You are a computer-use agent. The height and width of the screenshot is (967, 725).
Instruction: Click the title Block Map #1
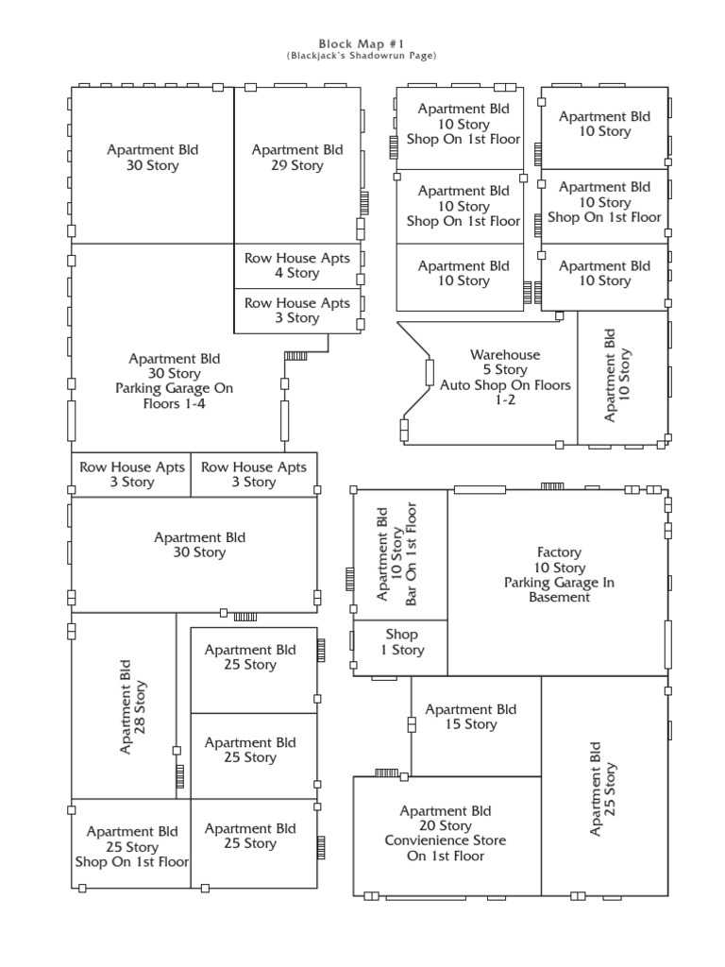(362, 43)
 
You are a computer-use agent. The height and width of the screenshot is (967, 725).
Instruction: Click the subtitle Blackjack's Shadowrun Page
(362, 56)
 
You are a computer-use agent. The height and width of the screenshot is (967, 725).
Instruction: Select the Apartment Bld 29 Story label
(297, 158)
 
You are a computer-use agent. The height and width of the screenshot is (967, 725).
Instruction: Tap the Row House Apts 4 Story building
(297, 265)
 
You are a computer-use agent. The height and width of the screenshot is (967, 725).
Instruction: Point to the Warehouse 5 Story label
(505, 362)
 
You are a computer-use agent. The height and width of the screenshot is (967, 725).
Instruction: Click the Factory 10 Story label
(559, 559)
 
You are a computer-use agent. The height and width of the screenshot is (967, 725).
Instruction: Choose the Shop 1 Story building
(400, 648)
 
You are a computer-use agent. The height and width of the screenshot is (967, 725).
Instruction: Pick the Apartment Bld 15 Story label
(470, 717)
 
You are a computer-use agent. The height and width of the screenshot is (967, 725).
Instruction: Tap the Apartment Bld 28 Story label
(132, 706)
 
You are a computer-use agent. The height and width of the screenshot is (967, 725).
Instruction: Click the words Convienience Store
(446, 840)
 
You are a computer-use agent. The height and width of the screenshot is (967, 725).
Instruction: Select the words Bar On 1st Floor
(412, 554)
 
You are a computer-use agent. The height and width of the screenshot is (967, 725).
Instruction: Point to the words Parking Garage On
(174, 388)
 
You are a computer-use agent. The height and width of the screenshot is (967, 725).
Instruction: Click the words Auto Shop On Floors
(505, 385)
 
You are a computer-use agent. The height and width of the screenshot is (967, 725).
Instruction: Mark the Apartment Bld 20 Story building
(447, 836)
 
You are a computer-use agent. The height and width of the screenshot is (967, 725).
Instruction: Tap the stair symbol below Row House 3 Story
(295, 356)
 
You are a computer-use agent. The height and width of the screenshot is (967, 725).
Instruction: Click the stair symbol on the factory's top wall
(552, 486)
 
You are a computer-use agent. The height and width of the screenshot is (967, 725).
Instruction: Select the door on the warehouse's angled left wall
(430, 372)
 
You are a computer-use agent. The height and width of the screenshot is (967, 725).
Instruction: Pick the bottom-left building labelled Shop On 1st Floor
(131, 843)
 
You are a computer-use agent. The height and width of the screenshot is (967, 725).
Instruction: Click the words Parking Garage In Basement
(559, 589)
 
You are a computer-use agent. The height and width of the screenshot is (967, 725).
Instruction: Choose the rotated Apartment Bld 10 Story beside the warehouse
(623, 378)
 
